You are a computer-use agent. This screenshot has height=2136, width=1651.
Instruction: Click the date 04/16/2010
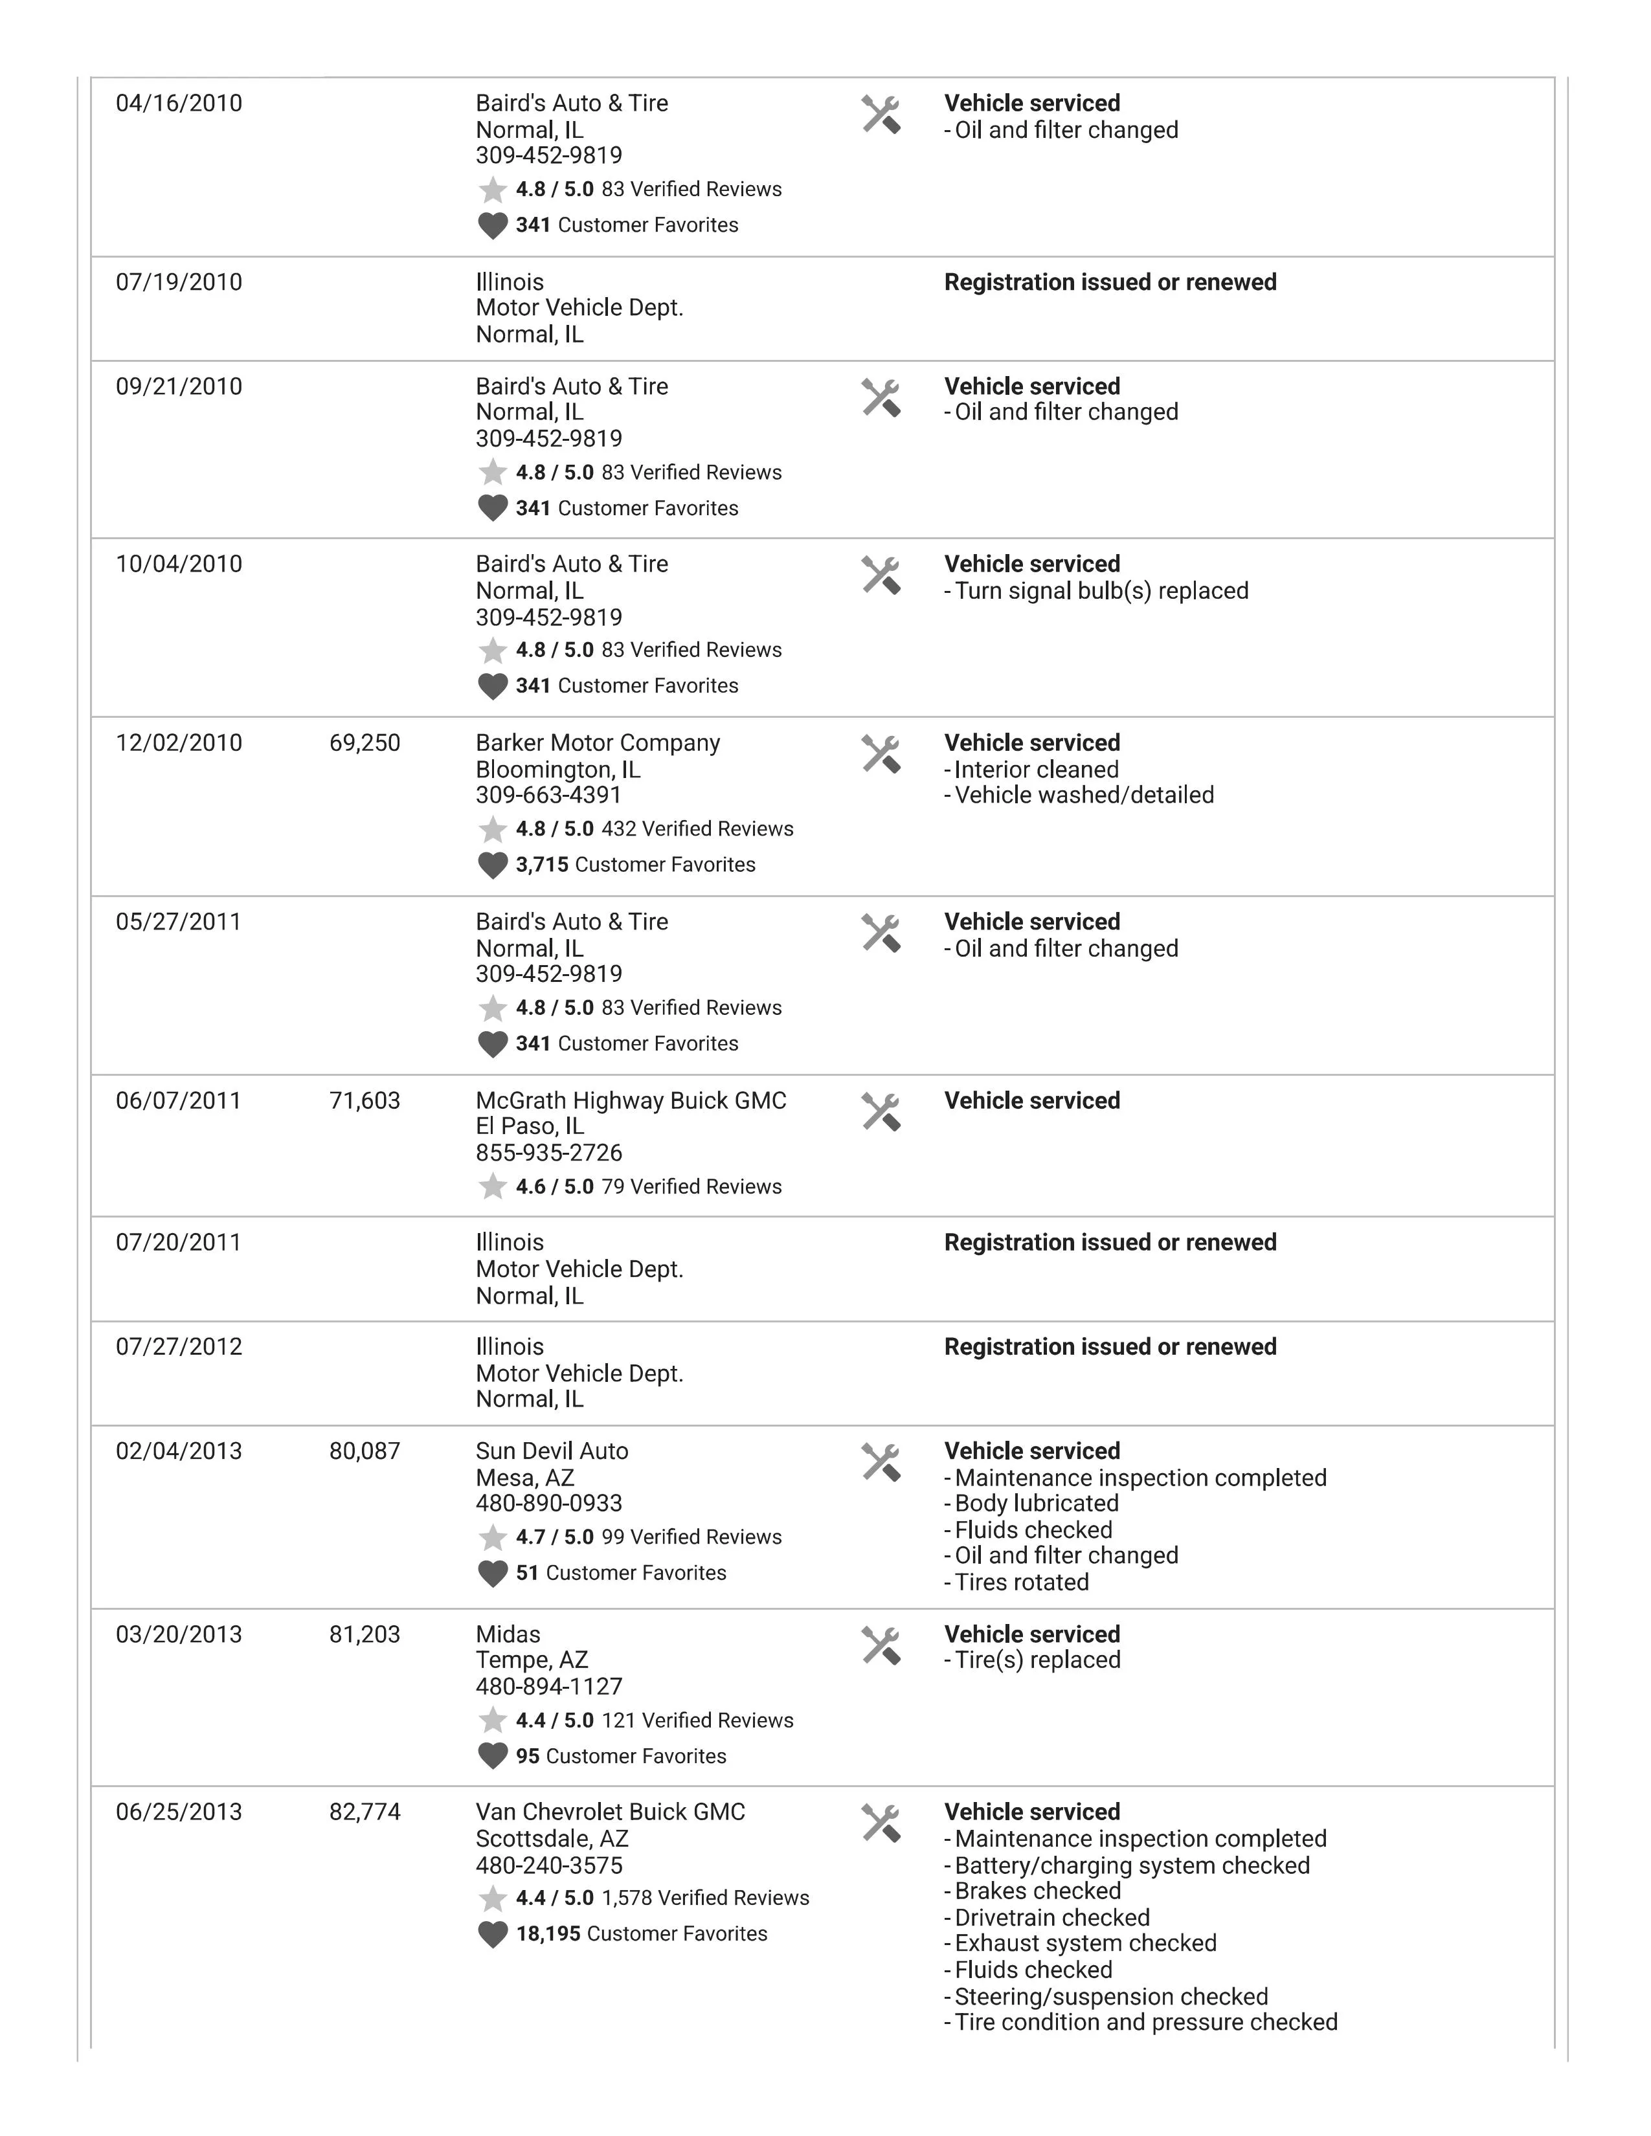tap(179, 104)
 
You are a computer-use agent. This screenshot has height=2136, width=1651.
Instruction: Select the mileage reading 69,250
tap(365, 743)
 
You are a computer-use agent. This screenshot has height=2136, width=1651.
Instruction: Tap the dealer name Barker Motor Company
tap(598, 743)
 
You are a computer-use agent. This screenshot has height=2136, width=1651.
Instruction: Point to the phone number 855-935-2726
tap(548, 1153)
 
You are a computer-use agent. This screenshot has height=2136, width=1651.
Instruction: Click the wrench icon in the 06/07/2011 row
tap(881, 1112)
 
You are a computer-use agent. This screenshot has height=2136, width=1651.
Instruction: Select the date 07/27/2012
tap(179, 1347)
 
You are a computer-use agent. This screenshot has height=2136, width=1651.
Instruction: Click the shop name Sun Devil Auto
tap(552, 1451)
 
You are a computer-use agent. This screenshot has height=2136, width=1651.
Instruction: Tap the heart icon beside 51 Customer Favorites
tap(492, 1574)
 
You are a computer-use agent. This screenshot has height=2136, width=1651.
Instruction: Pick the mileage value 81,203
tap(365, 1634)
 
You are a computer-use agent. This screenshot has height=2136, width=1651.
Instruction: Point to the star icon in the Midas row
tap(492, 1720)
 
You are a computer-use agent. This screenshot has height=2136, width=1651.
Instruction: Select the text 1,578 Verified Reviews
tap(705, 1898)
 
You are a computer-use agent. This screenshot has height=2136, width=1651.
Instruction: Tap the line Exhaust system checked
tap(1084, 1943)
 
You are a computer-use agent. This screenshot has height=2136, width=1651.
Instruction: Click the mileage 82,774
tap(365, 1812)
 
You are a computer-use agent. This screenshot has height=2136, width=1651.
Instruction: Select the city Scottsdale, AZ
tap(552, 1839)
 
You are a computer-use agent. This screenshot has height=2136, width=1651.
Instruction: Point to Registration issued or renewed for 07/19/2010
tap(1110, 283)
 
